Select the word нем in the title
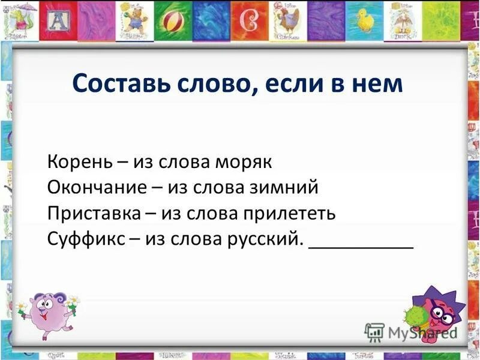(379, 83)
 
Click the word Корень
(77, 162)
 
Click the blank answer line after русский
(361, 245)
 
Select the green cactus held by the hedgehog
(414, 316)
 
